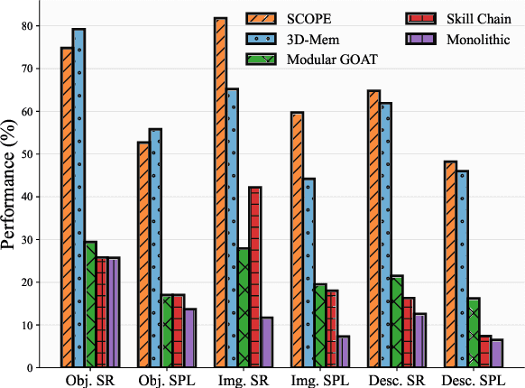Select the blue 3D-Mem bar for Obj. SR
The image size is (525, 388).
point(78,198)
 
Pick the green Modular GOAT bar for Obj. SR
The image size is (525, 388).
point(90,304)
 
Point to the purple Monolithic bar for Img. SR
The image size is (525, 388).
point(267,342)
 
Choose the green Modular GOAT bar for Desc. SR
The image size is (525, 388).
point(397,321)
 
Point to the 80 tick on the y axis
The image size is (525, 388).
point(33,25)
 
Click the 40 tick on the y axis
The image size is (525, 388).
point(33,197)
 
